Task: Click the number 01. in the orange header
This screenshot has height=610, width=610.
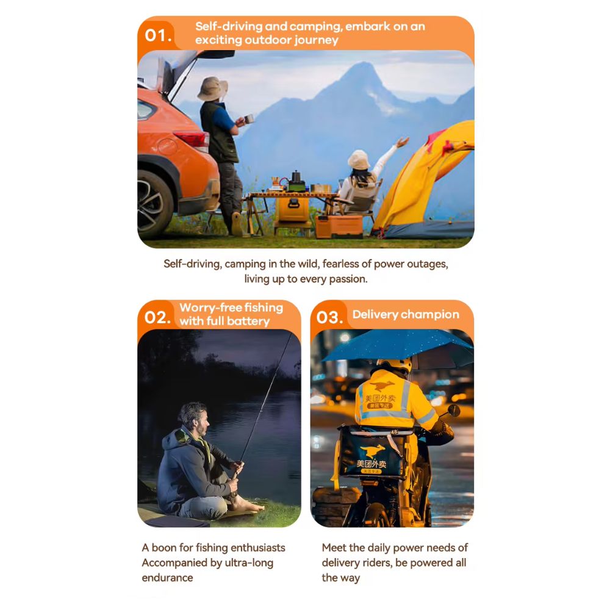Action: coord(158,35)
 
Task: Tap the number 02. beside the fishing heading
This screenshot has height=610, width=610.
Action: coord(157,317)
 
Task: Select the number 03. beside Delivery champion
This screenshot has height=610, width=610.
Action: coord(329,317)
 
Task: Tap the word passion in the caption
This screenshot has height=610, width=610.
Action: coord(348,279)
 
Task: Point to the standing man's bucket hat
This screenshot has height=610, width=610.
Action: coord(212,88)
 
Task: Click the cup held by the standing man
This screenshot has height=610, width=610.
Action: coord(249,118)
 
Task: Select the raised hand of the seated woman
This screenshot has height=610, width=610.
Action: coord(403,142)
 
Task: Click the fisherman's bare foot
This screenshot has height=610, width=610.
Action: coord(249,506)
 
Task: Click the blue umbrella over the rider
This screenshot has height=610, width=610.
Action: coord(398,346)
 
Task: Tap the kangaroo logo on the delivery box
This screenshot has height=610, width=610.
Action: coord(372,451)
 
